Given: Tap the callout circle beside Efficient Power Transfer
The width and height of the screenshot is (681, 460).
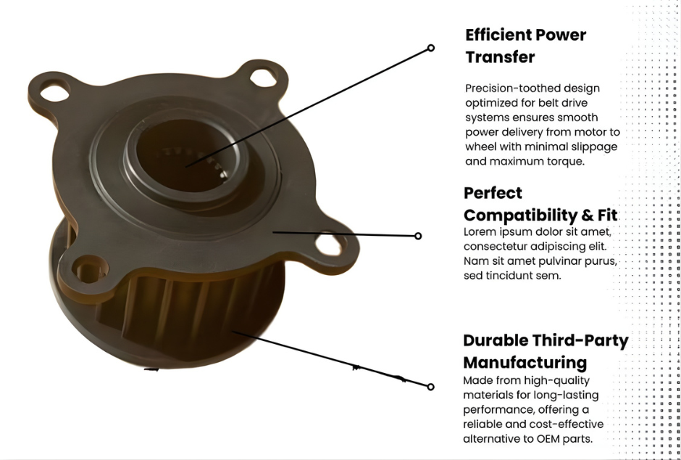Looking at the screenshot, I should coord(431,48).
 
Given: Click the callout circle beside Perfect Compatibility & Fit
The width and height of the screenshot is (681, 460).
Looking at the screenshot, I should coord(418,236).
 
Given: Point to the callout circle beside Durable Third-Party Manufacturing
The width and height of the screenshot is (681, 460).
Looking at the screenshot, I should coord(431,387).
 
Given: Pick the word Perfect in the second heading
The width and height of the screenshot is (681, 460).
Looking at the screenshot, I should coord(493,193).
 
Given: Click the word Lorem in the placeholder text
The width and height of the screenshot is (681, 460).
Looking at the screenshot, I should coord(480,232).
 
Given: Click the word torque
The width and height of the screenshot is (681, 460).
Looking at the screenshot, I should coord(564,161).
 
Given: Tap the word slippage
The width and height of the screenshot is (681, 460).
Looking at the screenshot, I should coord(591,147).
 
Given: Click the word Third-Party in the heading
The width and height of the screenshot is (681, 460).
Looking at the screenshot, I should coord(580,340).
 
